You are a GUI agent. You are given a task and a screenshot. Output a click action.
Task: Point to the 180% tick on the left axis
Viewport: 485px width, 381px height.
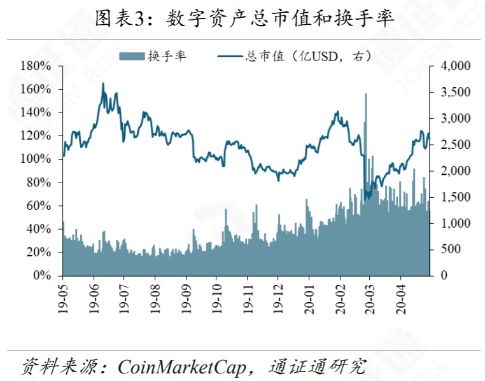[x=36, y=66]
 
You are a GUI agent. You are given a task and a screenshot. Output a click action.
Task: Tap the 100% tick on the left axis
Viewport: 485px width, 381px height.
[x=36, y=159]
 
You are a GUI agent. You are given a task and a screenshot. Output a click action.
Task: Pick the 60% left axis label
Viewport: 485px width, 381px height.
[x=39, y=205]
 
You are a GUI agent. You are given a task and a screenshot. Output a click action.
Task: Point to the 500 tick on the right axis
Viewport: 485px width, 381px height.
[x=449, y=249]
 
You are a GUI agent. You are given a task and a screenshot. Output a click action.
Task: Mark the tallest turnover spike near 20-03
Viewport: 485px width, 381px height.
[x=366, y=95]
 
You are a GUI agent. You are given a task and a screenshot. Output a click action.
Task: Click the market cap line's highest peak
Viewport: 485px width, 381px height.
[x=103, y=83]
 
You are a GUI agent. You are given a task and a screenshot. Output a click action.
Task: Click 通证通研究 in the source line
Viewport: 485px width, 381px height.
[x=318, y=367]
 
